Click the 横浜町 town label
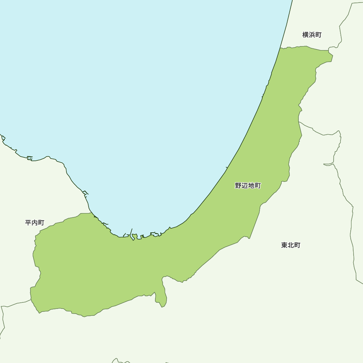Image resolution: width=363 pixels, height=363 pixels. tap(312, 35)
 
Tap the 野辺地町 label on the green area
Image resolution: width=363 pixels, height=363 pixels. tap(248, 186)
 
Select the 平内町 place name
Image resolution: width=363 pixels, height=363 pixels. tap(34, 223)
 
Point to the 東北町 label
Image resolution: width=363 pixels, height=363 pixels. tap(291, 245)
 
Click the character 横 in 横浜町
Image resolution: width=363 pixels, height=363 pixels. tap(306, 35)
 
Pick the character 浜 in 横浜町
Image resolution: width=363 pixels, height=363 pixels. tap(312, 35)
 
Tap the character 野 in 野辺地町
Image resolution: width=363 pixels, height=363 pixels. tap(238, 186)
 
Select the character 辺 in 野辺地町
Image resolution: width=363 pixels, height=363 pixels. tap(245, 186)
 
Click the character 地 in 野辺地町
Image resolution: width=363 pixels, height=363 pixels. tap(251, 186)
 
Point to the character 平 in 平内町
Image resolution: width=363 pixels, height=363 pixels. tap(28, 223)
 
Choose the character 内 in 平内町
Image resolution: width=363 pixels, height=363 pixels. tap(34, 223)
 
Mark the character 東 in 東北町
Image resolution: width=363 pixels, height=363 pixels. tap(285, 245)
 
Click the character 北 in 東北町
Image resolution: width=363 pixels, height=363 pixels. tap(291, 245)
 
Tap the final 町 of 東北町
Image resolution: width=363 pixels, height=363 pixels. tap(297, 245)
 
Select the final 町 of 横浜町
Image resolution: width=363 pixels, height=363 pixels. tap(318, 35)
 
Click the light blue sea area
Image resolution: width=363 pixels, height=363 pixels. tap(145, 91)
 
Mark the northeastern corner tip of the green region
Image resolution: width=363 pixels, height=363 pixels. tap(331, 56)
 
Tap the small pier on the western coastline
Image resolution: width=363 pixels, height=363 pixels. tap(30, 158)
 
